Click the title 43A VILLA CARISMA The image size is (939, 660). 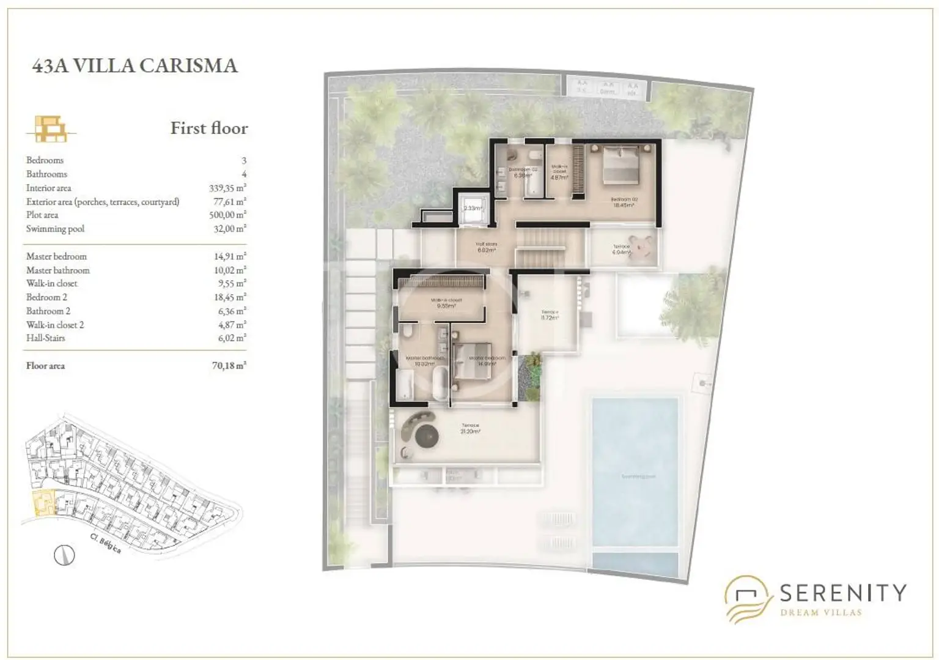pos(134,65)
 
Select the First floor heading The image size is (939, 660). pos(209,128)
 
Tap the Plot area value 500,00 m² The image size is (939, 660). pos(227,215)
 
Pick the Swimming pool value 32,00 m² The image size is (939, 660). pos(227,229)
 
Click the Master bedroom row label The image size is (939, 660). pos(56,256)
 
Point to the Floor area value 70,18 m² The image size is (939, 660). pos(229,366)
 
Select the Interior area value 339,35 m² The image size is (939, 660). pos(227,188)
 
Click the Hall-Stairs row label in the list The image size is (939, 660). pos(45,338)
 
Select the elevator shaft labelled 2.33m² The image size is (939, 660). pos(473,209)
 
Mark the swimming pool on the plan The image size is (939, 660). pos(635,474)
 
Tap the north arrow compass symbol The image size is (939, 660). pos(64,555)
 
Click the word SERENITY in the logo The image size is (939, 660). pos(842,592)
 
